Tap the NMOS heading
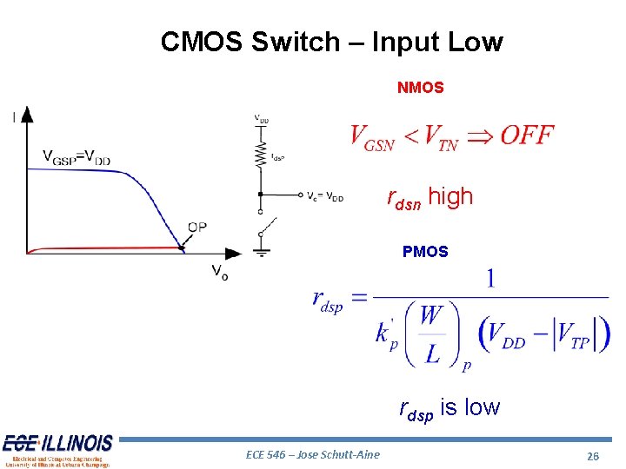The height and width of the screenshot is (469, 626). [421, 88]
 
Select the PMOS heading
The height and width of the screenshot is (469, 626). [425, 252]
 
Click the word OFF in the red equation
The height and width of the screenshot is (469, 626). [527, 135]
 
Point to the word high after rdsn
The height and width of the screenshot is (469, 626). [450, 197]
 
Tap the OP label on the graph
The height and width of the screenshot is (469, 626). [197, 228]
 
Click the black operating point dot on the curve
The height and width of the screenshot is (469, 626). [183, 248]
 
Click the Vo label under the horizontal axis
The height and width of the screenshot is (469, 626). [220, 272]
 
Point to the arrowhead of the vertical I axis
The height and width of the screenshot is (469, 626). [27, 114]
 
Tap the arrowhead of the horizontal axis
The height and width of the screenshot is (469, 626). [233, 253]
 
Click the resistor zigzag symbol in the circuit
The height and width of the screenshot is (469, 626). [260, 155]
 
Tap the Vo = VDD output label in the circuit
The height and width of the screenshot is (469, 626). [325, 196]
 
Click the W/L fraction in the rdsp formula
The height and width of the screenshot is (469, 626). [431, 334]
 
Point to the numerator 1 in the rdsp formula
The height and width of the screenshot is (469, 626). [491, 279]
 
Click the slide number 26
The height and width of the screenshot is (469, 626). [594, 456]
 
